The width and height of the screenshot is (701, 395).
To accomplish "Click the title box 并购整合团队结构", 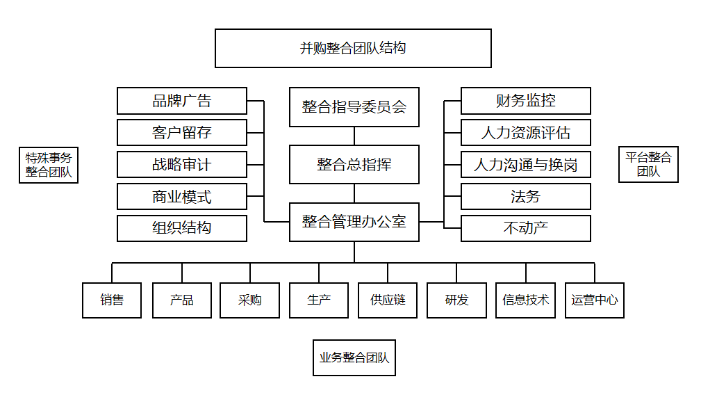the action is [x=353, y=48].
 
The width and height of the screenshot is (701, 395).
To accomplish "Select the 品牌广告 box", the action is [x=182, y=101].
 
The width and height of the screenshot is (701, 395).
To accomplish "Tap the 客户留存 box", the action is [x=182, y=132].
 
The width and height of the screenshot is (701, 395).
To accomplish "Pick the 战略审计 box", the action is [x=182, y=165].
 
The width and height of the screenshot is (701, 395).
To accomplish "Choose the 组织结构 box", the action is [x=182, y=228].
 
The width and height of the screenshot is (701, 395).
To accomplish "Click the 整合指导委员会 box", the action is [x=354, y=107].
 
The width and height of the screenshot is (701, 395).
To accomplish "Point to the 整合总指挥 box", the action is [x=354, y=164].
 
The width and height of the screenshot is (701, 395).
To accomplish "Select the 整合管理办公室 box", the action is [x=354, y=222].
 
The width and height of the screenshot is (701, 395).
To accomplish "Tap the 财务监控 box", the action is [x=526, y=101].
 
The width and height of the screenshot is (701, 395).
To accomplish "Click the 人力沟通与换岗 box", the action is [x=526, y=165].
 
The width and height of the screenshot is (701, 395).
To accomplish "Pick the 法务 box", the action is [x=526, y=196].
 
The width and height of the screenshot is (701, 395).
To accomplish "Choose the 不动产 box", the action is [x=526, y=228].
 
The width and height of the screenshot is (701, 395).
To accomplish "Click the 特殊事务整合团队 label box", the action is [x=49, y=165].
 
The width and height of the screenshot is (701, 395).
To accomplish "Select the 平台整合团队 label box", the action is [x=648, y=164].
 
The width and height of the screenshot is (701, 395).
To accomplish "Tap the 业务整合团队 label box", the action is [x=354, y=357].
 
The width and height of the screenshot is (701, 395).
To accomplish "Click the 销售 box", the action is [x=112, y=300].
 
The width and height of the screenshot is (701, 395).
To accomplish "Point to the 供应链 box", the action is [x=388, y=300].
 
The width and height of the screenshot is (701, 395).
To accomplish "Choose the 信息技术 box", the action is [x=526, y=300].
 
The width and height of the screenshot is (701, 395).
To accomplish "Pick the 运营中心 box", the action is [x=595, y=300].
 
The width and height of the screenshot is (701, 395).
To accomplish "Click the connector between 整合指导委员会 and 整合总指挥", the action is [x=354, y=136].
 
